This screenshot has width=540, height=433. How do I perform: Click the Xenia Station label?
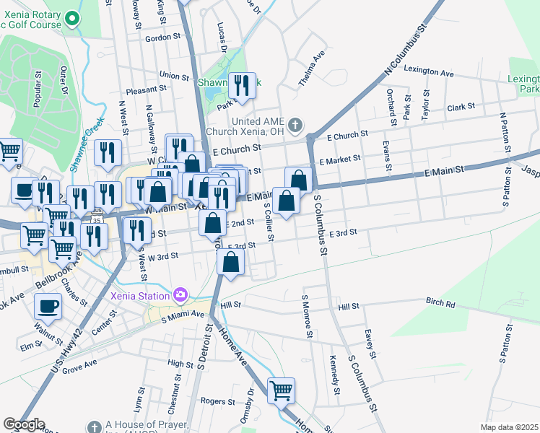coord(141,294)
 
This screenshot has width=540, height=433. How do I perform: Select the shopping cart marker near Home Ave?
coord(281,390)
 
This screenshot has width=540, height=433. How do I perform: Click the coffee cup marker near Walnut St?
coord(48,306)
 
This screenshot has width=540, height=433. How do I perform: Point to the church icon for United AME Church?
coord(295,126)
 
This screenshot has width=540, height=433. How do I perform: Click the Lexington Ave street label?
coord(429,73)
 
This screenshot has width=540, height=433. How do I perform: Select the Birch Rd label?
coord(440,303)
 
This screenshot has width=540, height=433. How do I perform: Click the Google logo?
coord(23,424)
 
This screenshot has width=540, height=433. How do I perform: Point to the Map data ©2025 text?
coord(509,427)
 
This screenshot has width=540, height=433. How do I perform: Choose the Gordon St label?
coord(162,38)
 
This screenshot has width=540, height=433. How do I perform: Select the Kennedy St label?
coord(334,369)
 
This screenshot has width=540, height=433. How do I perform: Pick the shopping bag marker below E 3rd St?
coord(231,263)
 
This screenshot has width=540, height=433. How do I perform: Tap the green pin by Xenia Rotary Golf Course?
coord(71,17)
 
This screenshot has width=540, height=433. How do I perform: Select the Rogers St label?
coord(214,401)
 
